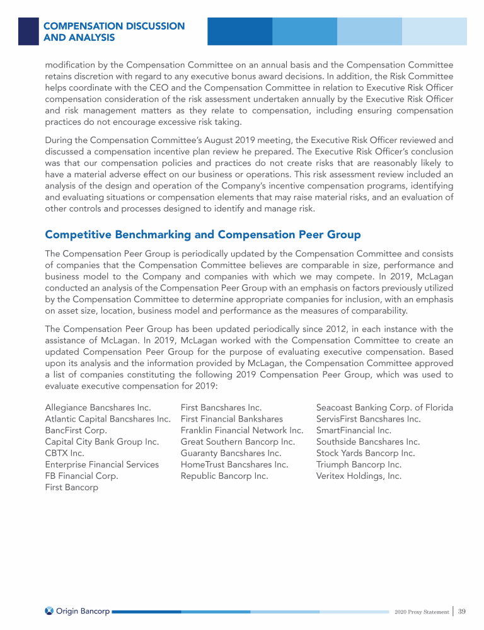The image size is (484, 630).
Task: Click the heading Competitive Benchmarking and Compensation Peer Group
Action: pos(202,235)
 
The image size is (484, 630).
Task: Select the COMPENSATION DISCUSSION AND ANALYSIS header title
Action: pos(113,32)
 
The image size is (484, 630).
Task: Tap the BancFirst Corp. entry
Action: pos(76,430)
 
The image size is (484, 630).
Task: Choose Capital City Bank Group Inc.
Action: pos(101,442)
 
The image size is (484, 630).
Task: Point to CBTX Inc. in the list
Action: pos(65,453)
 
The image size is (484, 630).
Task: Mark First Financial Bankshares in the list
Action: pos(231,419)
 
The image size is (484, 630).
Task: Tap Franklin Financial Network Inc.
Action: pos(242,430)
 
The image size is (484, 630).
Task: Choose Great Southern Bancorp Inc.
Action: pos(238,442)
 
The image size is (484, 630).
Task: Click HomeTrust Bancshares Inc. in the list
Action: pos(234,464)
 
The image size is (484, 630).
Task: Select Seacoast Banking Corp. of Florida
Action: pos(384,408)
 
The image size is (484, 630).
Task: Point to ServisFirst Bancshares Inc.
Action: pos(368,419)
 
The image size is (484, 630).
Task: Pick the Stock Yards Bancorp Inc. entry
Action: pos(365,453)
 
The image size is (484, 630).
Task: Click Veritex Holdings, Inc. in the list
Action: pos(359,476)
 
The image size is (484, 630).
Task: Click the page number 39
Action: pos(461,611)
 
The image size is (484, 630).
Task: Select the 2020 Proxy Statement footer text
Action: pos(421,612)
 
